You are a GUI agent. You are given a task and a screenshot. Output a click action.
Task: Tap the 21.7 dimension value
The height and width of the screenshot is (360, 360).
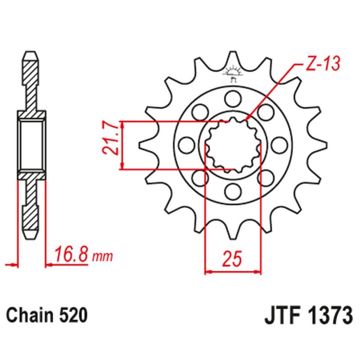point(112,140)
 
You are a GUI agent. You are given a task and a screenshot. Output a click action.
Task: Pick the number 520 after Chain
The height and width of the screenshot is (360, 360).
point(72,315)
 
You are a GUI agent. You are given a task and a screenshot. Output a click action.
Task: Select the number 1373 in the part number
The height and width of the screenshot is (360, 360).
point(327,315)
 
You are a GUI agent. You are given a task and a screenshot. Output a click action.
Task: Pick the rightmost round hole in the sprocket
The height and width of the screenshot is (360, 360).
point(279,144)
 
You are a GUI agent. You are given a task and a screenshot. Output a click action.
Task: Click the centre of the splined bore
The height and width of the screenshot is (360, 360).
point(233,144)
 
